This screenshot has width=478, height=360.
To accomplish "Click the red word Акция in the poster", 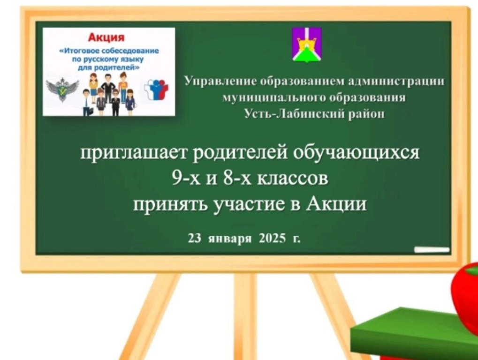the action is tap(106, 37).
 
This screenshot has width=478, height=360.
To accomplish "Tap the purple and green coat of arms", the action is tap(307, 44).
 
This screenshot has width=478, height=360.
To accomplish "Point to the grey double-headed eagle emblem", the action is tap(62, 89).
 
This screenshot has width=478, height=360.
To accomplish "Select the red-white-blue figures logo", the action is tap(155, 89).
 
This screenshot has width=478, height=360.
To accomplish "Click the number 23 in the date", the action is tap(194, 238).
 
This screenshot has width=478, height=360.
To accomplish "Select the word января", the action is tap(230, 239).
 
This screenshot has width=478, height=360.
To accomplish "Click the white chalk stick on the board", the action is tap(432, 250).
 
